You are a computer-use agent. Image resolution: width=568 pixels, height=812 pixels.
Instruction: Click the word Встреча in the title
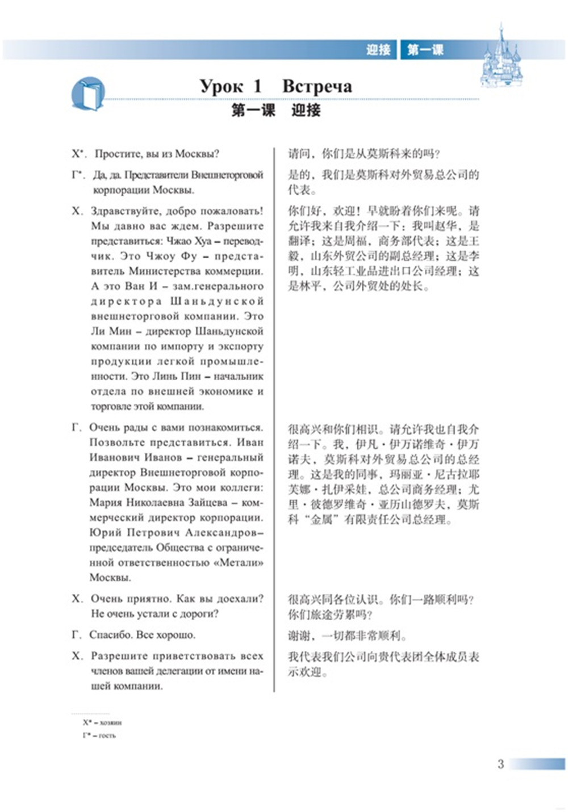(x=317, y=86)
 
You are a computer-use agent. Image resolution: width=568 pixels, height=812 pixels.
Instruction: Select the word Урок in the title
(x=222, y=86)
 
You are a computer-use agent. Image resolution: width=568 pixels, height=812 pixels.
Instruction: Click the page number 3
(x=500, y=764)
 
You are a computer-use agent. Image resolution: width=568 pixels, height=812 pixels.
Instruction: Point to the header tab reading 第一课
(x=425, y=50)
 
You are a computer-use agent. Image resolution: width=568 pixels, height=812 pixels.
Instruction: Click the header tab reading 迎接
(x=378, y=50)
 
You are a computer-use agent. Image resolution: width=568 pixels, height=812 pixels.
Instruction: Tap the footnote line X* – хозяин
(x=102, y=722)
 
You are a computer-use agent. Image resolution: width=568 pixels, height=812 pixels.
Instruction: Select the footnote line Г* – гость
(x=99, y=735)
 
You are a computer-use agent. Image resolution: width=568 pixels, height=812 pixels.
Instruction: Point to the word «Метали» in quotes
(x=241, y=562)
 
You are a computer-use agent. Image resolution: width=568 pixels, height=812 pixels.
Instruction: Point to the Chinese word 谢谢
(x=299, y=636)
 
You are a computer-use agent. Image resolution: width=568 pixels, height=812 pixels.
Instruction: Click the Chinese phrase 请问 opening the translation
(x=299, y=154)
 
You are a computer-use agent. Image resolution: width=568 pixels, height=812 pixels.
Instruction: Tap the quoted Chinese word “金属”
(x=320, y=519)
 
